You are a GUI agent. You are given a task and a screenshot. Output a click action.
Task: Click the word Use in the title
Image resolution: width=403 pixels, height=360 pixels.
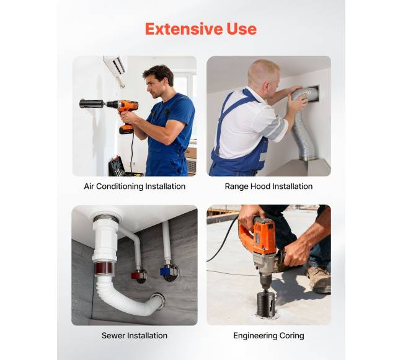point(241,29)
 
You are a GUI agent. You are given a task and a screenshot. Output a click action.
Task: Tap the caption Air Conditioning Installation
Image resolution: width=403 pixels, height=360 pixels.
point(135,186)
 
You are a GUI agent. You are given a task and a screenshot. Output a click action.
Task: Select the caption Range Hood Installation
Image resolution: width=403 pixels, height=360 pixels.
point(268,186)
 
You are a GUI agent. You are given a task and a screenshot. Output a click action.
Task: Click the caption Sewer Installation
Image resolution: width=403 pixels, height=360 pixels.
point(135,335)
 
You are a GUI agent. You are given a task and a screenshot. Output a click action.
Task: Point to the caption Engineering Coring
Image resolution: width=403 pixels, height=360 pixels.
point(268,336)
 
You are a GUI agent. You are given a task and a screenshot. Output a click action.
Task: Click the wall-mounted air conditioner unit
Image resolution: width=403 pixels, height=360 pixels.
point(115,66)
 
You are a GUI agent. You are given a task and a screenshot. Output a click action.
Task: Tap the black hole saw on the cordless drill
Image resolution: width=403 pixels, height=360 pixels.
point(91,103)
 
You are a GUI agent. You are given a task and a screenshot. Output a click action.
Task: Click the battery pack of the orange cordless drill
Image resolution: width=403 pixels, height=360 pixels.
point(126,129)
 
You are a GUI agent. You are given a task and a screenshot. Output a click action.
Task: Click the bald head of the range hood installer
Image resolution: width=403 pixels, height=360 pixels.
point(263,71)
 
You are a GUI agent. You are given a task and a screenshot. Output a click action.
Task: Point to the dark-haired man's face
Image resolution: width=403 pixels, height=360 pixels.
point(153,86)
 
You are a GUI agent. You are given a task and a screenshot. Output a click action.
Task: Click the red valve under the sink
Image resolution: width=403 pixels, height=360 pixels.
point(136,276)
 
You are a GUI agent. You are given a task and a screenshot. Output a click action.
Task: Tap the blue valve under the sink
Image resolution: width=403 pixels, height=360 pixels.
point(166,271)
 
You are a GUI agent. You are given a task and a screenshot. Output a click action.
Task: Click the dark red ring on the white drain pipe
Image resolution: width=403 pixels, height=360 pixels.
point(104,268)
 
